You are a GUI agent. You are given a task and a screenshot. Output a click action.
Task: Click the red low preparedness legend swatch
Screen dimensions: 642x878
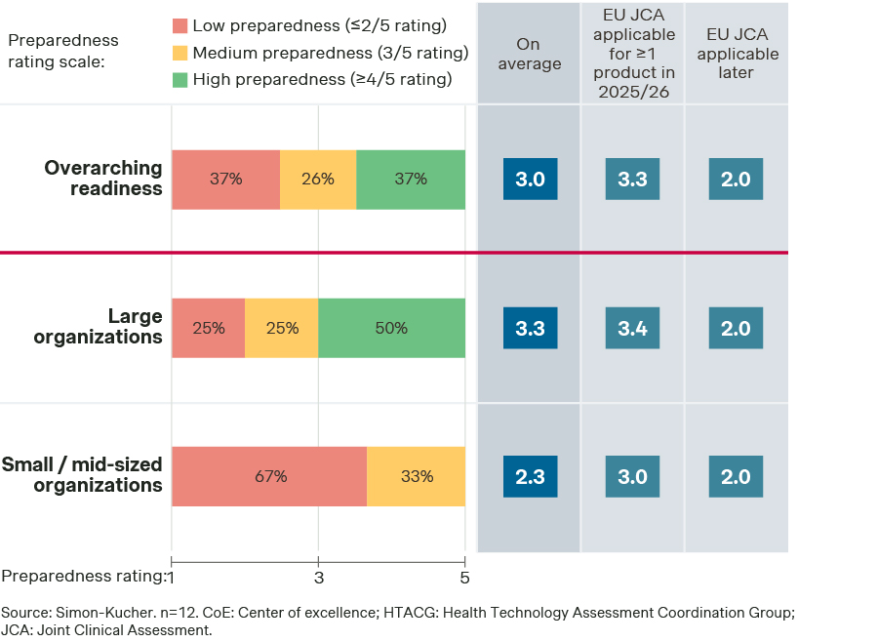pyautogui.click(x=180, y=25)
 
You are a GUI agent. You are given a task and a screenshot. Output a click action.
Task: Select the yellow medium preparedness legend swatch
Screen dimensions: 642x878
pyautogui.click(x=180, y=53)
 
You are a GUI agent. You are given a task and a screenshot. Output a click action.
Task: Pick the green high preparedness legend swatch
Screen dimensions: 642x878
pyautogui.click(x=180, y=80)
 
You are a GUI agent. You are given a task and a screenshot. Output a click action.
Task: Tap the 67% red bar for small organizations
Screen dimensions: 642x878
pyautogui.click(x=269, y=476)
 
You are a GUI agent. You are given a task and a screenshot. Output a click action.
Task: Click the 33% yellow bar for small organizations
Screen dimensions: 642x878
pyautogui.click(x=417, y=476)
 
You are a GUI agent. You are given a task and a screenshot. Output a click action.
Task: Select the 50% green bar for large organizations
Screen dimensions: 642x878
pyautogui.click(x=391, y=328)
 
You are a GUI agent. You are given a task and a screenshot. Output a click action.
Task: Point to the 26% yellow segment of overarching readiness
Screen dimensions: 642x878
pyautogui.click(x=318, y=180)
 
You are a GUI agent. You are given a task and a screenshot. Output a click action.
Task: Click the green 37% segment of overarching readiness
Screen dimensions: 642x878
pyautogui.click(x=411, y=180)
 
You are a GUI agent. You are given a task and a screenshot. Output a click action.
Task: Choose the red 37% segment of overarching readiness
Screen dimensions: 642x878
pyautogui.click(x=225, y=180)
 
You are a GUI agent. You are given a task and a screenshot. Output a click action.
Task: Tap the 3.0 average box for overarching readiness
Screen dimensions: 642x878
pyautogui.click(x=530, y=180)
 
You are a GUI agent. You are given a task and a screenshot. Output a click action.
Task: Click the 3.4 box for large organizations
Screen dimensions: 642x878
pyautogui.click(x=632, y=328)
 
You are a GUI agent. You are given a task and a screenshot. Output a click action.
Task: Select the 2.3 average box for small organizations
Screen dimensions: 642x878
pyautogui.click(x=530, y=476)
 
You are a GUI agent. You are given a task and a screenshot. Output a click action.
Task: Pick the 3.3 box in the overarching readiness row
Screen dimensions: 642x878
pyautogui.click(x=632, y=180)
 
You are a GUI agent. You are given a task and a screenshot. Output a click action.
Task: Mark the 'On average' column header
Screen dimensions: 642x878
pyautogui.click(x=530, y=55)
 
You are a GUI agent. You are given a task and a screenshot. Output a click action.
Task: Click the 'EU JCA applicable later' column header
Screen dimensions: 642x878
pyautogui.click(x=736, y=55)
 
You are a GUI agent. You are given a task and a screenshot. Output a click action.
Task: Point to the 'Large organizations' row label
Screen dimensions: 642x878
pyautogui.click(x=98, y=327)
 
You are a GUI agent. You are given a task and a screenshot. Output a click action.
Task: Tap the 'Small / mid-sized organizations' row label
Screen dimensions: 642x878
pyautogui.click(x=83, y=475)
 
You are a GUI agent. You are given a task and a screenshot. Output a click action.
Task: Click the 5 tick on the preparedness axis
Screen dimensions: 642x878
pyautogui.click(x=465, y=577)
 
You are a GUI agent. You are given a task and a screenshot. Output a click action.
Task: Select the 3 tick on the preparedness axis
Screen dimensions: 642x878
pyautogui.click(x=318, y=577)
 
